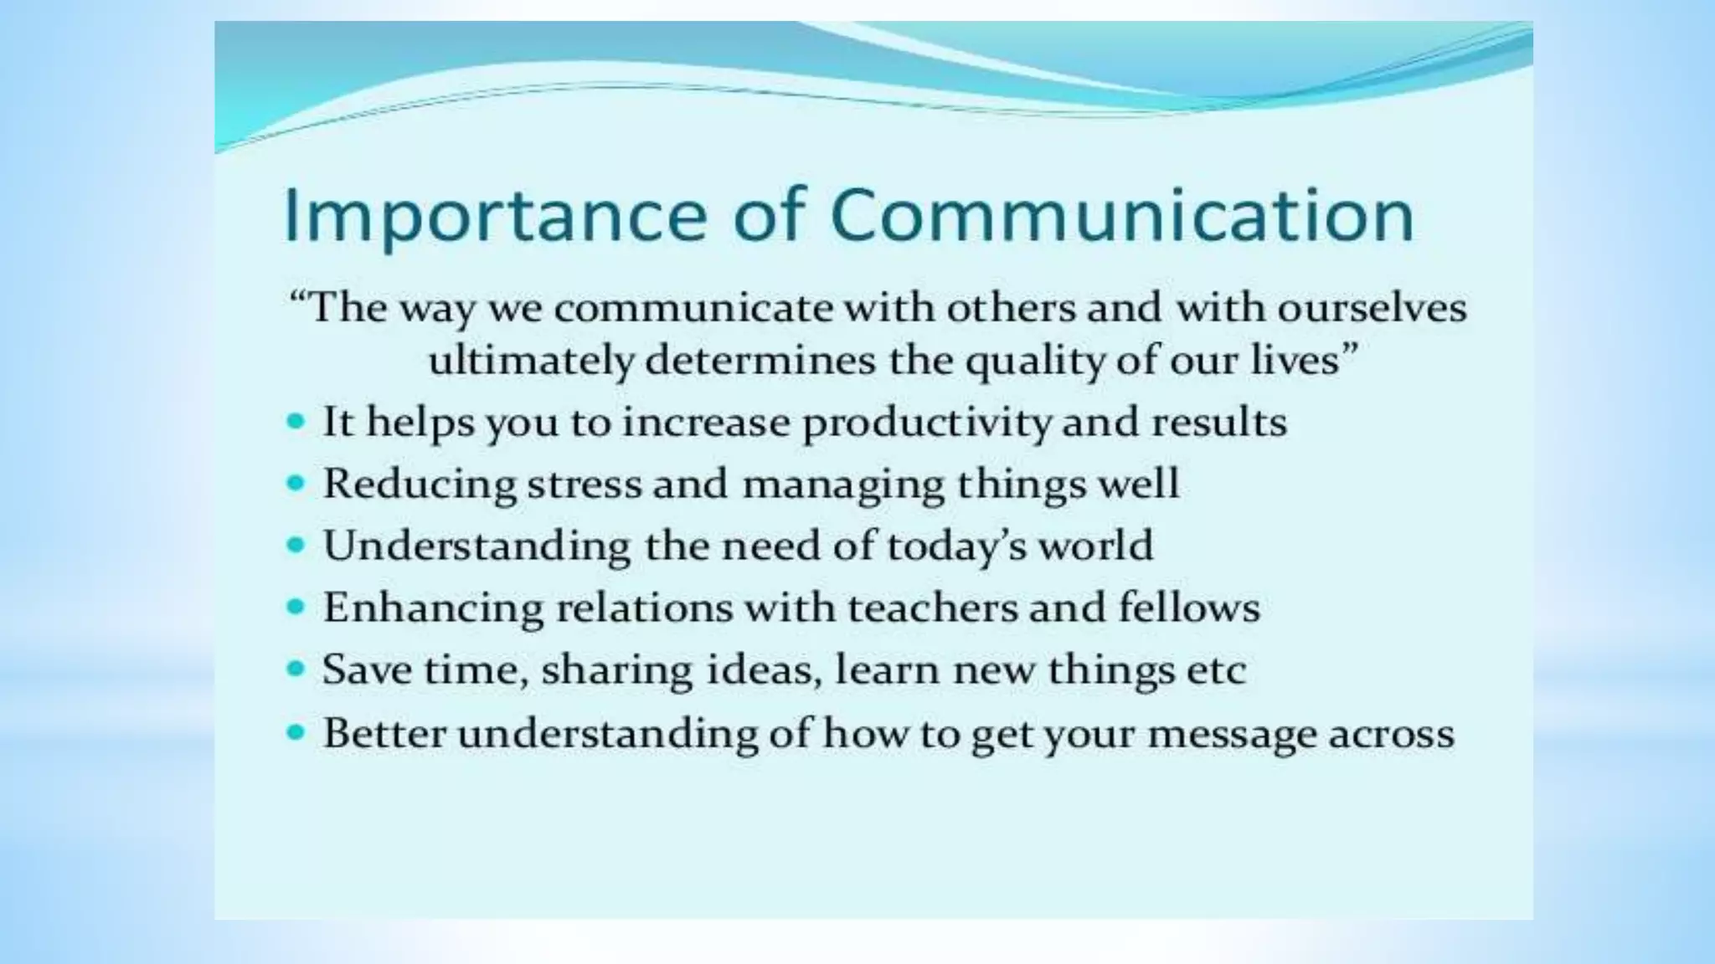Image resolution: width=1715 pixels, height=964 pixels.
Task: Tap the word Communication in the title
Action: pyautogui.click(x=1122, y=216)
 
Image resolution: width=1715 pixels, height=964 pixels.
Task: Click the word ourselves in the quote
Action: pyautogui.click(x=1372, y=308)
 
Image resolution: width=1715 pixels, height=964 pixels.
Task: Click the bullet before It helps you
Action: pyautogui.click(x=295, y=421)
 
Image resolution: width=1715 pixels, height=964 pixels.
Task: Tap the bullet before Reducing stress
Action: pyautogui.click(x=295, y=483)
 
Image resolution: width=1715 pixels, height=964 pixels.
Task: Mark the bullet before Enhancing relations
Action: pyautogui.click(x=295, y=607)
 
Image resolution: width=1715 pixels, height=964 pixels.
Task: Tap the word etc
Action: pyautogui.click(x=1215, y=670)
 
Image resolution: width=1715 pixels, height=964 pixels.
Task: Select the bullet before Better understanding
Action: pyautogui.click(x=295, y=732)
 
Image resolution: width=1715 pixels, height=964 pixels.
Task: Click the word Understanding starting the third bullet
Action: pyautogui.click(x=476, y=546)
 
